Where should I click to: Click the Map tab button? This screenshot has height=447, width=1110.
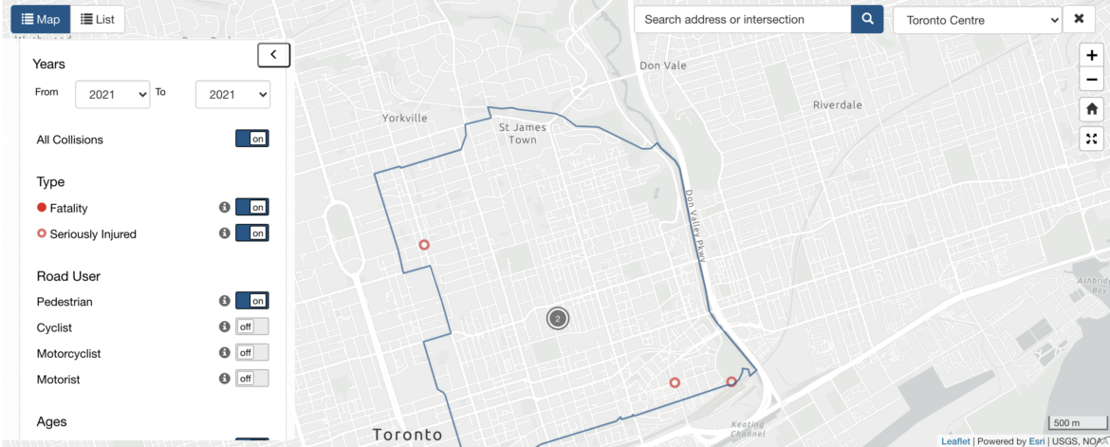[x=40, y=19]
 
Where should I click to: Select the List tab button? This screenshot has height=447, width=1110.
[x=97, y=19]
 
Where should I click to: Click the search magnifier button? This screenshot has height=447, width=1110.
[x=867, y=19]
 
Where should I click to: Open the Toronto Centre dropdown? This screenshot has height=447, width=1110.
[x=977, y=20]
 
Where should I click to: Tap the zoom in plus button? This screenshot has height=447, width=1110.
[x=1092, y=56]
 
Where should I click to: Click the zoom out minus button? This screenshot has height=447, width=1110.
[x=1092, y=80]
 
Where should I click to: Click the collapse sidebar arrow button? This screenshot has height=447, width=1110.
[x=273, y=55]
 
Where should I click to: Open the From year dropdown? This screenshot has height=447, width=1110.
[x=113, y=94]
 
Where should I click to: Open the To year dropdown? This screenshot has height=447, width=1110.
[x=232, y=94]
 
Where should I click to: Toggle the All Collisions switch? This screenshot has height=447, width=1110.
[x=252, y=140]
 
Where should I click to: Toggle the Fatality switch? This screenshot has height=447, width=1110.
[x=252, y=207]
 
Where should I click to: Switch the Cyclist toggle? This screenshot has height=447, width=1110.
[x=252, y=326]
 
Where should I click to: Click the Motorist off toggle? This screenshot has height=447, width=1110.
[x=252, y=379]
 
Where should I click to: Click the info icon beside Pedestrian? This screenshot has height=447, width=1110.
[x=225, y=301]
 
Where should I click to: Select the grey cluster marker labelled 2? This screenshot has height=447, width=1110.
[x=558, y=319]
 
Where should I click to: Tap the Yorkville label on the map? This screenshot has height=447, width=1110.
[x=405, y=119]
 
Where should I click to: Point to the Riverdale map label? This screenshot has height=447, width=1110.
[x=837, y=105]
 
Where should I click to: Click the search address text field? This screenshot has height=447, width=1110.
[x=742, y=19]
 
